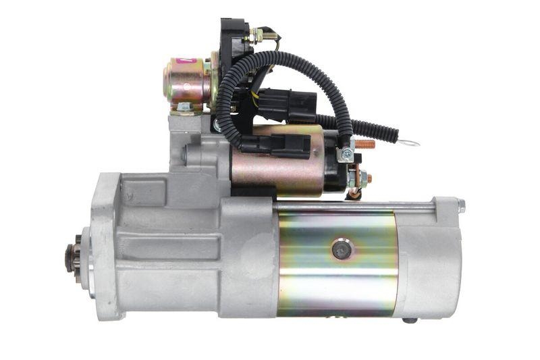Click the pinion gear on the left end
pyautogui.click(x=72, y=257)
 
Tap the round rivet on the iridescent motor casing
pyautogui.click(x=342, y=250)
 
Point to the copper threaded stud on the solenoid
pyautogui.click(x=364, y=144)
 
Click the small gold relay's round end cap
pyautogui.click(x=168, y=80)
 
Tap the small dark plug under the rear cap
pyautogui.click(x=410, y=320)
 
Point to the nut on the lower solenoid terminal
pyautogui.click(x=362, y=179)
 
